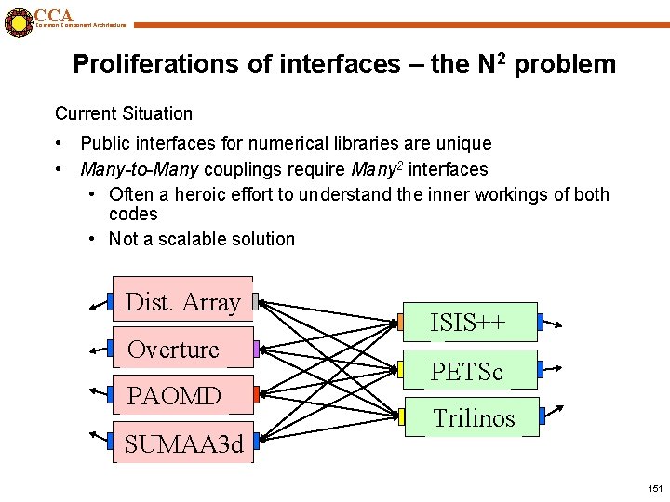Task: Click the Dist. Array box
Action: click(182, 301)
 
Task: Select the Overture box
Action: click(182, 349)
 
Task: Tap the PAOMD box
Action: click(182, 396)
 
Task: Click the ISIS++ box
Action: click(469, 323)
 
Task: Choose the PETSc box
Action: click(469, 371)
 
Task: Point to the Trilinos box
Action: click(471, 417)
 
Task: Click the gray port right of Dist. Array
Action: click(257, 302)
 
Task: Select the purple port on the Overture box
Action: click(257, 350)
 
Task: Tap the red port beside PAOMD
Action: click(257, 395)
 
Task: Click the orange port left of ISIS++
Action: click(400, 323)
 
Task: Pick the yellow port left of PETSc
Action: click(400, 369)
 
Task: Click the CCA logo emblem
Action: click(17, 22)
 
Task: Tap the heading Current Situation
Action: click(124, 113)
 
